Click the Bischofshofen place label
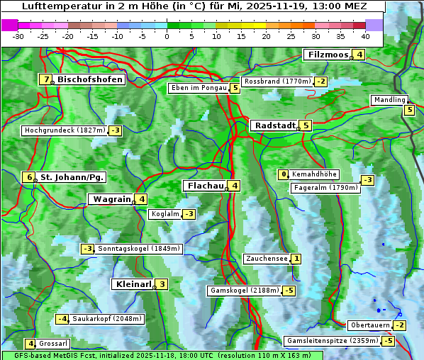coord(90,79)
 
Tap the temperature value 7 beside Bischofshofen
coord(46,79)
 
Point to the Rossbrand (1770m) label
coord(277,81)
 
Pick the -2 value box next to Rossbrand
coord(321,81)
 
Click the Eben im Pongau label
coord(198,88)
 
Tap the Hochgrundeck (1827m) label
coord(65,130)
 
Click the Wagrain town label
coord(111,199)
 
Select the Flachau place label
coord(205,186)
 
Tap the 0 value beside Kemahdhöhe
coord(284,174)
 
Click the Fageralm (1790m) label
coord(325,188)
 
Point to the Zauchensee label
coord(267,259)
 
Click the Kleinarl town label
coord(133,284)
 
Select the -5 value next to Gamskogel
coord(289,291)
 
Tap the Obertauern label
coord(370,325)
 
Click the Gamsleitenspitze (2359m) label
coord(331,341)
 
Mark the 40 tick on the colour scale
coord(365,35)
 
